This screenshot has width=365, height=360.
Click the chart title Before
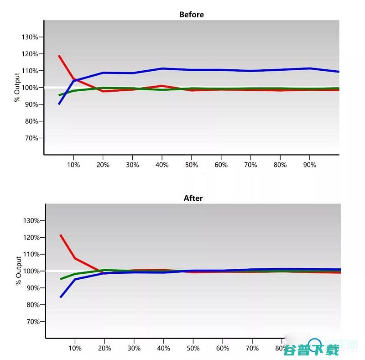[x=192, y=15]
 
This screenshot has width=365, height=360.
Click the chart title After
[x=193, y=198]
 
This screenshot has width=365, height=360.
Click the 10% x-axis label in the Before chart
[x=73, y=165]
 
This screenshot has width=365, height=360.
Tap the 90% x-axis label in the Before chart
[x=309, y=165]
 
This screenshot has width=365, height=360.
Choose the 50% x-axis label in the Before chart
[x=192, y=165]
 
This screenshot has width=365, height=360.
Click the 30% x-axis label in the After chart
[x=134, y=349]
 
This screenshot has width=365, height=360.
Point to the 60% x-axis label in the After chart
[x=222, y=349]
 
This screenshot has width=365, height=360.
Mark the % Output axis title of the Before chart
[x=17, y=87]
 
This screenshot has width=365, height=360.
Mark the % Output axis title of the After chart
[x=19, y=271]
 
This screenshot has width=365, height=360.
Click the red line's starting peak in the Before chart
[x=59, y=56]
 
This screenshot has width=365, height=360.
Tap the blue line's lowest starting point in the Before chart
[x=59, y=104]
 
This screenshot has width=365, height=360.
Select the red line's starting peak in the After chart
[x=61, y=235]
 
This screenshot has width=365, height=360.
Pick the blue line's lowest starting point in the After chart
[x=61, y=297]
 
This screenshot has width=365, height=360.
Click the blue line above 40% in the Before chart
[x=162, y=68]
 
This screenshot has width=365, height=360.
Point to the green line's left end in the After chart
[x=61, y=279]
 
